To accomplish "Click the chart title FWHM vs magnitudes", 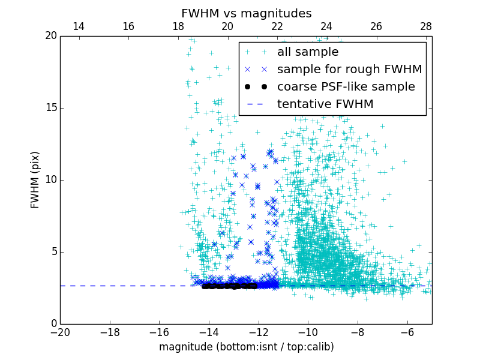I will pyautogui.click(x=246, y=13).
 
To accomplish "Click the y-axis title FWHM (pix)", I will pyautogui.click(x=35, y=180).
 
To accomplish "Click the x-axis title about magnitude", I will pyautogui.click(x=246, y=347).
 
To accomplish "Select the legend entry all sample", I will pyautogui.click(x=308, y=52).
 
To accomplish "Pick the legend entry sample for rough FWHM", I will pyautogui.click(x=349, y=70).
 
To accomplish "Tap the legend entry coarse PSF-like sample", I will pyautogui.click(x=346, y=87).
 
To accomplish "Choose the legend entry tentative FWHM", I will pyautogui.click(x=325, y=104).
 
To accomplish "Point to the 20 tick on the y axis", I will pyautogui.click(x=50, y=36).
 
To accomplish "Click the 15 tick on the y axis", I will pyautogui.click(x=50, y=108).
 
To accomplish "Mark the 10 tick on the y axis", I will pyautogui.click(x=50, y=180).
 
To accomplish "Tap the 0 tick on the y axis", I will pyautogui.click(x=53, y=324).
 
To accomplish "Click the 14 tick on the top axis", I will pyautogui.click(x=78, y=27).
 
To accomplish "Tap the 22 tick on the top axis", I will pyautogui.click(x=277, y=27).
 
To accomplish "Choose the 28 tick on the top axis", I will pyautogui.click(x=426, y=27).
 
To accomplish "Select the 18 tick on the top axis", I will pyautogui.click(x=178, y=27).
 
